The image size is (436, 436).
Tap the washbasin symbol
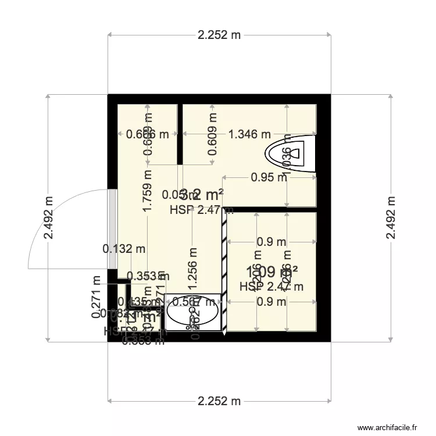pos(192,313)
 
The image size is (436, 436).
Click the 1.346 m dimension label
pos(248,134)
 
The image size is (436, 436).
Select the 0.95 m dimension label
pos(269,177)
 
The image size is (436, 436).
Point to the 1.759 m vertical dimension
pos(148,191)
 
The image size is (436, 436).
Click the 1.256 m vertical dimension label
pos(193,269)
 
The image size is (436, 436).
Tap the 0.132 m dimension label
pos(124,249)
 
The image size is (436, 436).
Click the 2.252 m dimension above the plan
pos(219,35)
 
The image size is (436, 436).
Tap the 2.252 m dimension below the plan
pos(219,401)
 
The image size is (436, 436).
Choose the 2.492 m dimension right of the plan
pos(390,217)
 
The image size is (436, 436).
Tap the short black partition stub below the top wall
pos(180,134)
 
